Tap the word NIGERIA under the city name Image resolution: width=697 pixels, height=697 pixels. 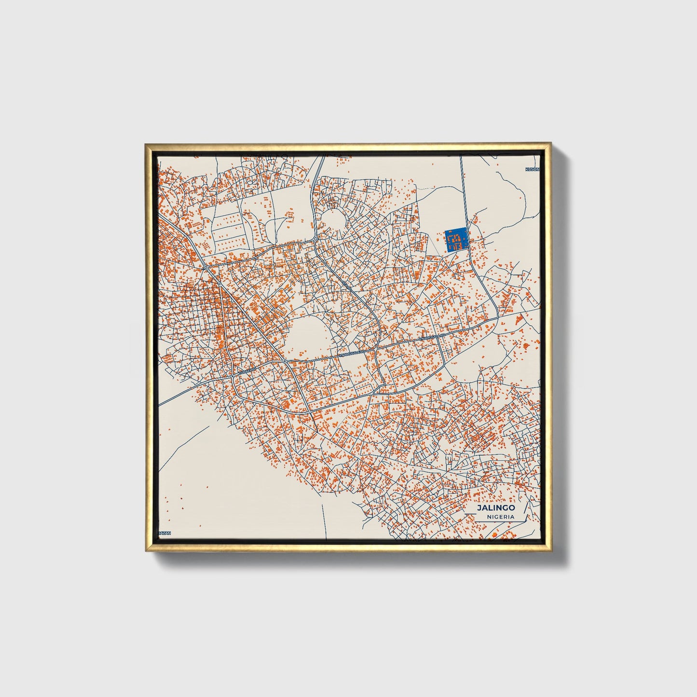[x=500, y=517]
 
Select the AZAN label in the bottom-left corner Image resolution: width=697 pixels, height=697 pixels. [x=165, y=533]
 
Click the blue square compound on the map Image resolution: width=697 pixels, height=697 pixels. [x=455, y=239]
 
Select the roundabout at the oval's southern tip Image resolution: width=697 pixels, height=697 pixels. [x=285, y=361]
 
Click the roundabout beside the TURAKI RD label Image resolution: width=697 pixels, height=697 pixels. [x=233, y=375]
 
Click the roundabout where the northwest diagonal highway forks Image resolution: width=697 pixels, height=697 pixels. [x=206, y=267]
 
